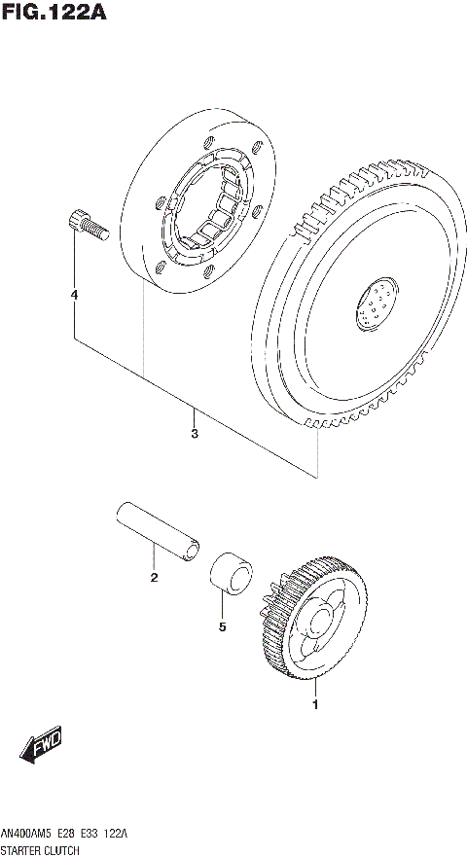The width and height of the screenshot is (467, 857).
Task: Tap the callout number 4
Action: (74, 294)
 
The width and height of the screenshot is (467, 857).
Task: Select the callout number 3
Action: (195, 433)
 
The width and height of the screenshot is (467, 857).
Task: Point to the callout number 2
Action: (153, 579)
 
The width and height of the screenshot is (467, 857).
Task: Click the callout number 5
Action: (222, 627)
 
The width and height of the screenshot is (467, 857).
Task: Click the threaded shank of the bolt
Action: (96, 231)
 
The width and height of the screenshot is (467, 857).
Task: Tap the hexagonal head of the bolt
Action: (77, 221)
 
